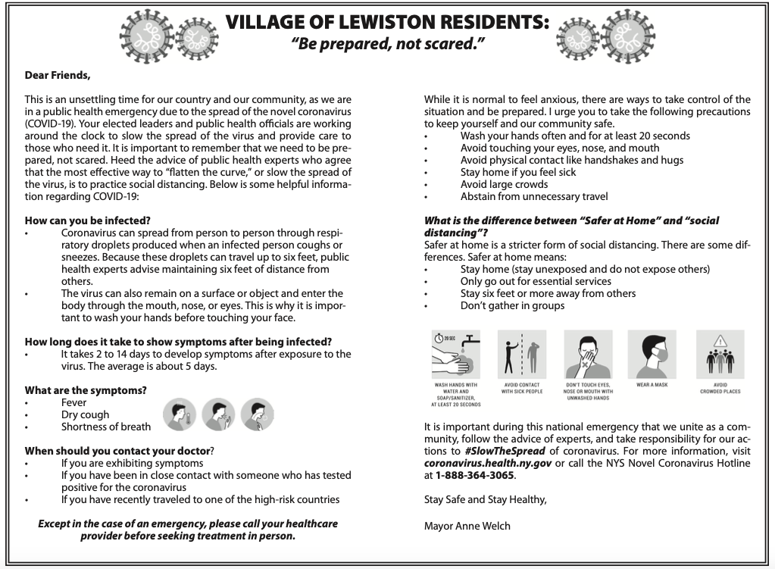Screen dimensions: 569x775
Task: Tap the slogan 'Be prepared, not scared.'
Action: (387, 44)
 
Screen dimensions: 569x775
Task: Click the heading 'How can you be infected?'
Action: (83, 220)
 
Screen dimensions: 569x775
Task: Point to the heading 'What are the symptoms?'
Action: (86, 390)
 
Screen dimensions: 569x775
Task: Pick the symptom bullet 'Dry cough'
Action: (85, 414)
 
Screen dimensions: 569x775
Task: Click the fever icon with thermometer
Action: (179, 413)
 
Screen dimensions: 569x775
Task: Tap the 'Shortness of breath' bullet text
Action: (106, 427)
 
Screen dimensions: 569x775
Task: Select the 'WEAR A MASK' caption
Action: (652, 386)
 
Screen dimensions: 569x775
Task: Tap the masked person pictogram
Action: (652, 354)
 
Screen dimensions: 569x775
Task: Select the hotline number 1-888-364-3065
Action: (475, 475)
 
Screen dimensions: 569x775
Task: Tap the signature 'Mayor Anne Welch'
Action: (467, 525)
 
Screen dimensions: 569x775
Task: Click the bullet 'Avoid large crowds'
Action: (505, 184)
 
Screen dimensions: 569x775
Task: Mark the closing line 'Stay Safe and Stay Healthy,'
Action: (485, 500)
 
